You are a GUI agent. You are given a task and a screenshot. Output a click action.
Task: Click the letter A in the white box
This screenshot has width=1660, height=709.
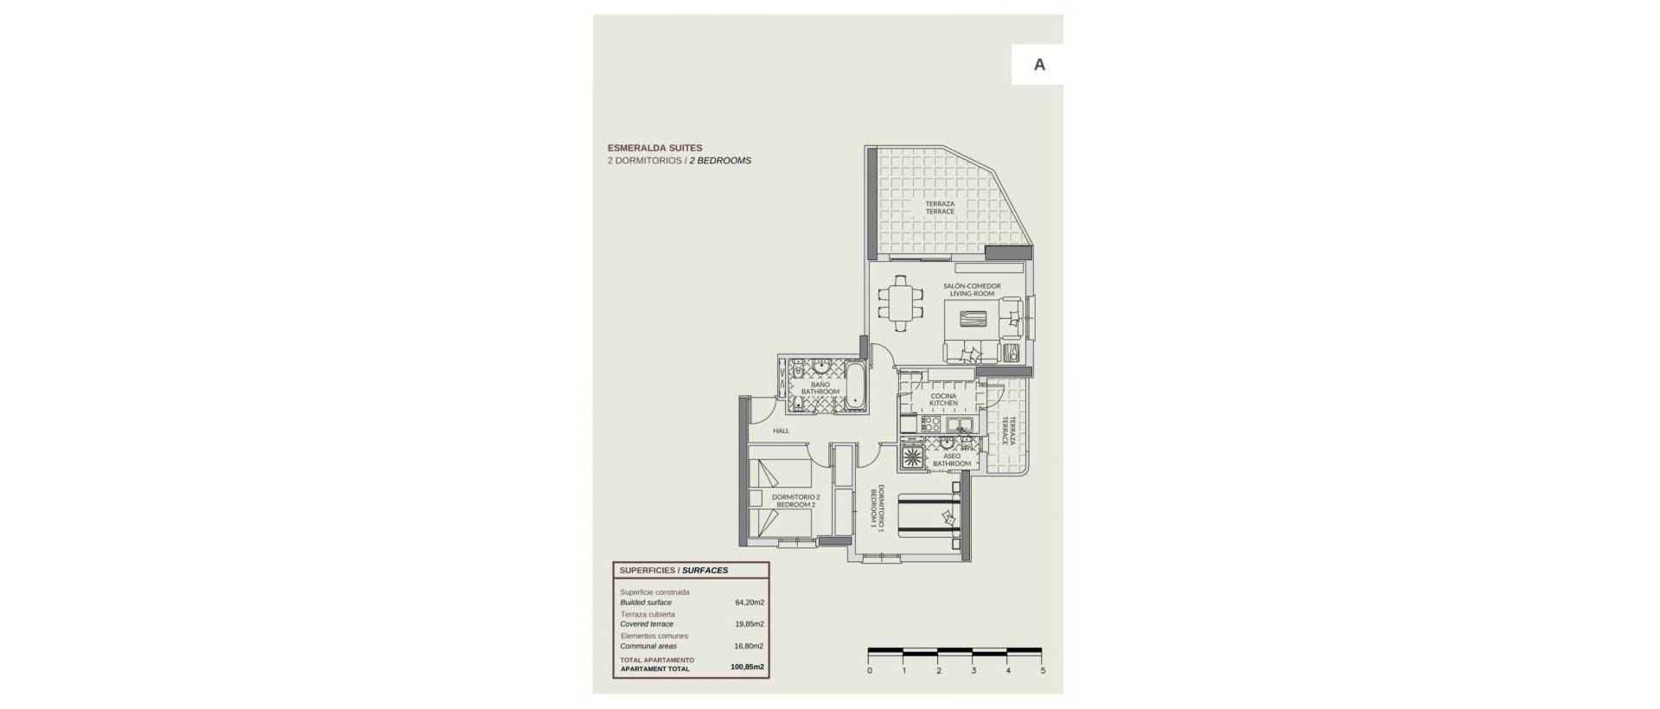pyautogui.click(x=1039, y=65)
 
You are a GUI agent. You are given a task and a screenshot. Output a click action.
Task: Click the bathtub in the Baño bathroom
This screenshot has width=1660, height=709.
pyautogui.click(x=854, y=386)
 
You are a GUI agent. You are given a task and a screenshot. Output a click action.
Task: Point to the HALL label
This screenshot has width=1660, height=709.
pyautogui.click(x=781, y=431)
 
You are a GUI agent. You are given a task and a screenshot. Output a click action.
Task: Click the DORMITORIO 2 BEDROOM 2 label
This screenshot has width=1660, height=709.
pyautogui.click(x=796, y=501)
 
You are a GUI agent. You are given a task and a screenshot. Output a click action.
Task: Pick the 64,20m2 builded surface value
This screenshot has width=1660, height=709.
pyautogui.click(x=748, y=602)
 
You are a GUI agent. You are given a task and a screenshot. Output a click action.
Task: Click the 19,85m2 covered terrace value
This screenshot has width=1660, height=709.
pyautogui.click(x=748, y=623)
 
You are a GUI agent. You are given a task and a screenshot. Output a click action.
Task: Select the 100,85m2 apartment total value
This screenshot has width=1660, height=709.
pyautogui.click(x=747, y=667)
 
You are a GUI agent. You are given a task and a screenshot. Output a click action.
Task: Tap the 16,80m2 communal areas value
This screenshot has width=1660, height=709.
pyautogui.click(x=748, y=646)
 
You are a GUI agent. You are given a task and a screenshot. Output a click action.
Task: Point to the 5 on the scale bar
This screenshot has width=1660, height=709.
pyautogui.click(x=1043, y=670)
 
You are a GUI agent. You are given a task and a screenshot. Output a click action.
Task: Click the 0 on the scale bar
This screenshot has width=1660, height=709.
pyautogui.click(x=869, y=670)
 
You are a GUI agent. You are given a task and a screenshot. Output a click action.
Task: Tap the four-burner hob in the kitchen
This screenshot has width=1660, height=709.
pyautogui.click(x=930, y=424)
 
